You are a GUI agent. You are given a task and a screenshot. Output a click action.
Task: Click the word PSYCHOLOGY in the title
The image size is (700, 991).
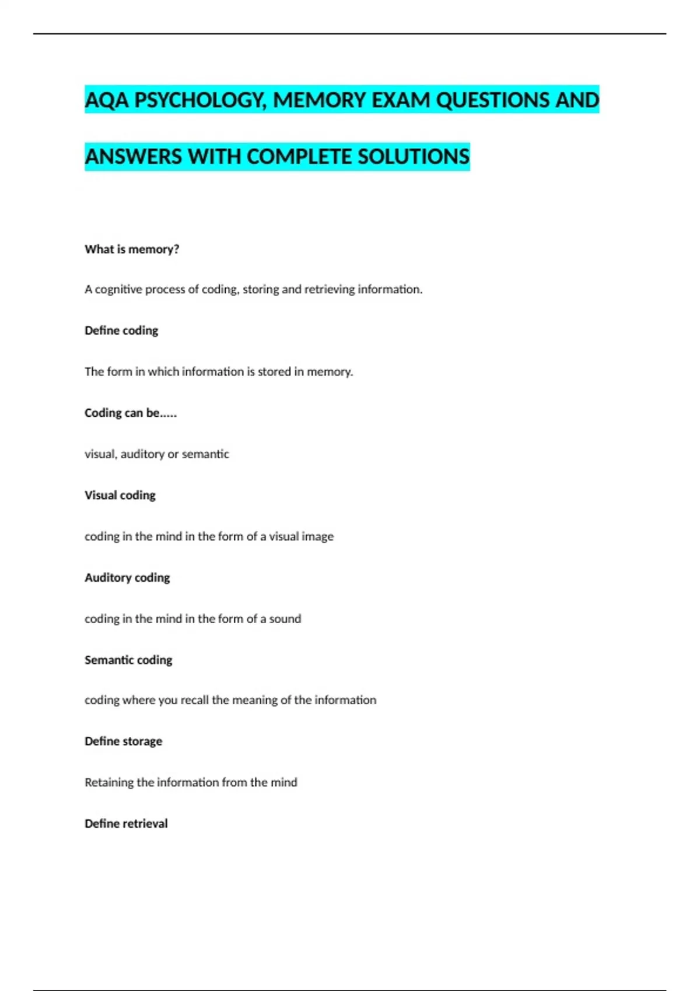[x=200, y=100]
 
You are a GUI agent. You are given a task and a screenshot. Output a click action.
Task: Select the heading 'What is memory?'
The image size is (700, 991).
[x=132, y=249]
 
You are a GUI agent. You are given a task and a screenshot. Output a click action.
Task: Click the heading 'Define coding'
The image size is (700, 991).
[x=121, y=331]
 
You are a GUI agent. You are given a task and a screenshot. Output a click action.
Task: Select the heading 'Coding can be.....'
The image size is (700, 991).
[x=131, y=413]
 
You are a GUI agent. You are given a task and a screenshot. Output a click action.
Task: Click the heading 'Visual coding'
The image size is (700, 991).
[x=120, y=495]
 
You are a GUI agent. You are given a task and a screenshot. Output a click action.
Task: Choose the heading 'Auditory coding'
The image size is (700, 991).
[x=127, y=578]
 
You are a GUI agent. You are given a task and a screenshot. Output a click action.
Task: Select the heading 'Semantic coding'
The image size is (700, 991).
[x=128, y=660]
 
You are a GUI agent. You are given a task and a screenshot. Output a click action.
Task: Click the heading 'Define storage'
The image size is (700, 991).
[x=123, y=742]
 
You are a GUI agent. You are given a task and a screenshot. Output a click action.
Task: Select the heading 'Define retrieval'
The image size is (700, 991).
[x=126, y=824]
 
